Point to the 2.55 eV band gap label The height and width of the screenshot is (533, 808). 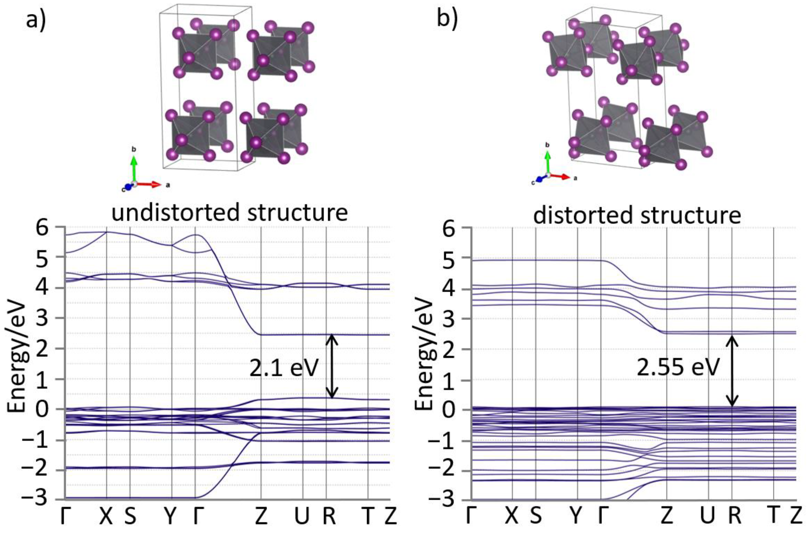pyautogui.click(x=678, y=368)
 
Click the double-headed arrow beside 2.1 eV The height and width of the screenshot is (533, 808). pyautogui.click(x=332, y=366)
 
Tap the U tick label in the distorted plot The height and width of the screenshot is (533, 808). pyautogui.click(x=708, y=516)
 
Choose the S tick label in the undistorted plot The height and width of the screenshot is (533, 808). pyautogui.click(x=130, y=516)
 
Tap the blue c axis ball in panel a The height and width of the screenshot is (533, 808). pyautogui.click(x=128, y=187)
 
